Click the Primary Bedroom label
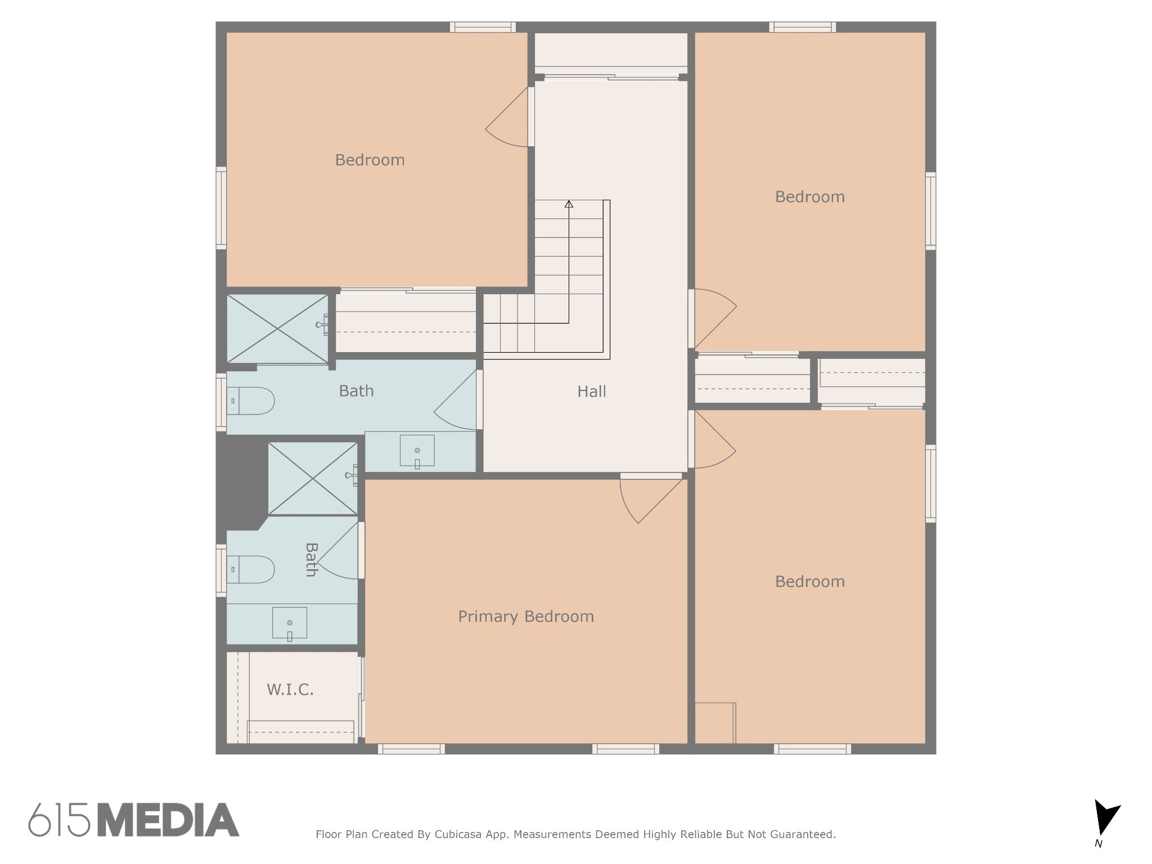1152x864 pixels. point(526,616)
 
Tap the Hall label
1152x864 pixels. point(592,391)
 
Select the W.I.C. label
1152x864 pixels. point(290,690)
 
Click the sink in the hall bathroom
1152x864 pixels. point(417,451)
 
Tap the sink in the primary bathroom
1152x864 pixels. point(290,623)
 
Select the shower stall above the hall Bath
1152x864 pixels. point(277,328)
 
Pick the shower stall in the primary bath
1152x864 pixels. point(313,479)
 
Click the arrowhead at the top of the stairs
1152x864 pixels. point(569,204)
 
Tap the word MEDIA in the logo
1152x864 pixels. point(168,820)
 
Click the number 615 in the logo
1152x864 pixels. point(59,820)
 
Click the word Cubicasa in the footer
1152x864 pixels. point(457,834)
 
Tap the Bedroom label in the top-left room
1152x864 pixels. point(370,160)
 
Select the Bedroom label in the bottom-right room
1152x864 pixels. point(809,582)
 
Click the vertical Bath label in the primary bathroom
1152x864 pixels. point(311,560)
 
